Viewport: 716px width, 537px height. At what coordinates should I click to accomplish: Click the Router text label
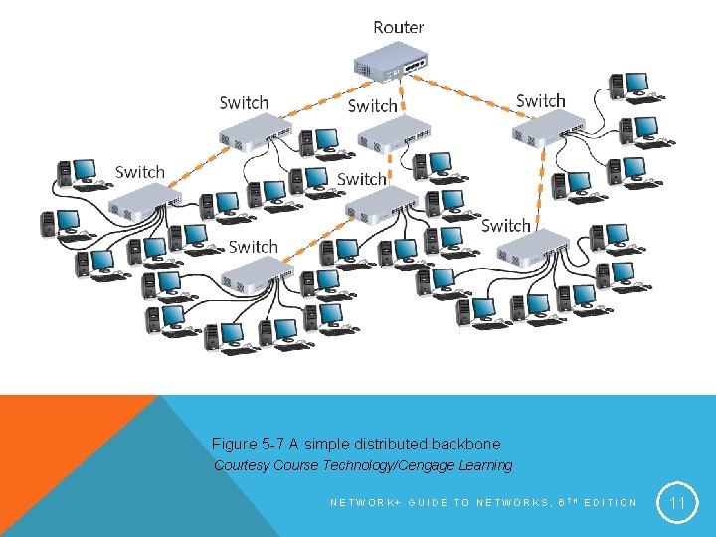coord(399,27)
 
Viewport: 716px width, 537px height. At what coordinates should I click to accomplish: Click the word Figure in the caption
coord(235,444)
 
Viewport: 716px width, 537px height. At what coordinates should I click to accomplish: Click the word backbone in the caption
coord(467,444)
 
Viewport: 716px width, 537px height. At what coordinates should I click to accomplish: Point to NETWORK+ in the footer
coord(364,502)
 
